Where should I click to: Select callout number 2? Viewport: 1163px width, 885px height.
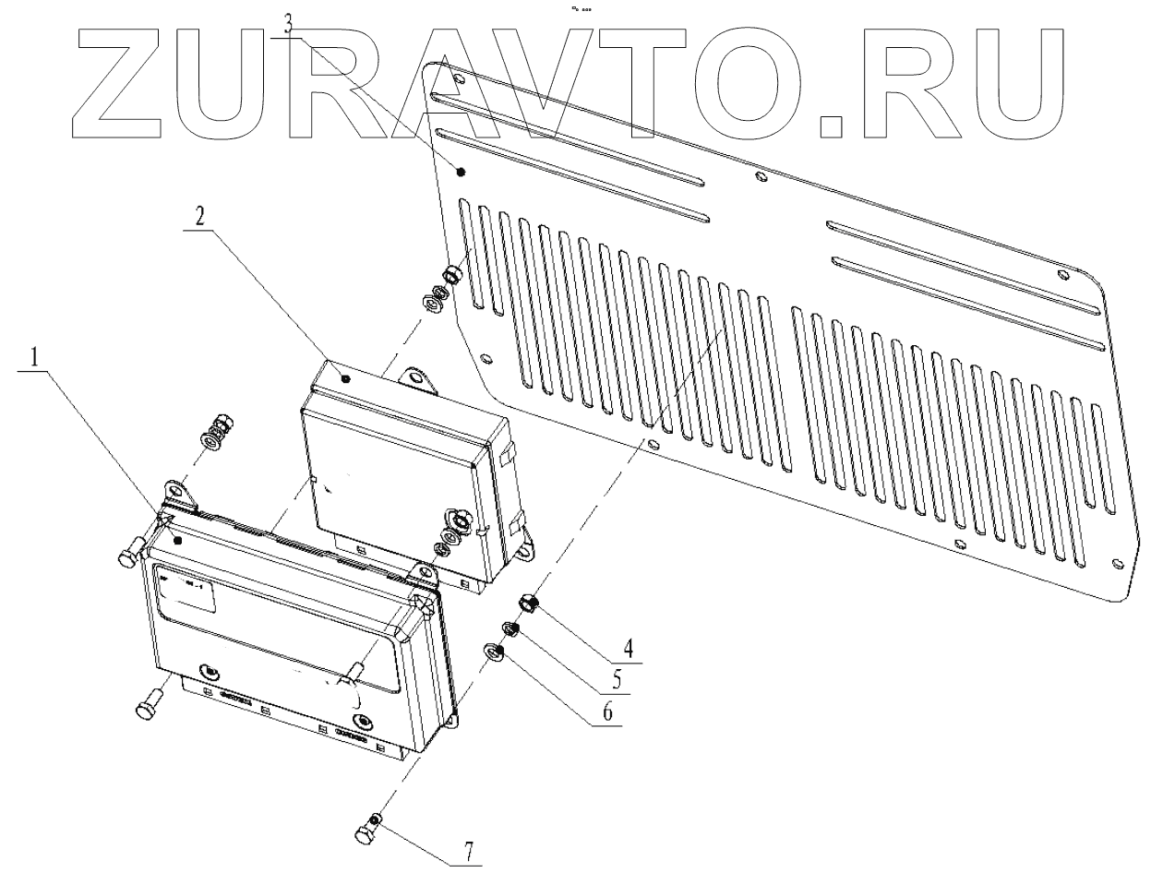point(198,217)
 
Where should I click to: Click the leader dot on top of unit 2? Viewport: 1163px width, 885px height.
point(343,377)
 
